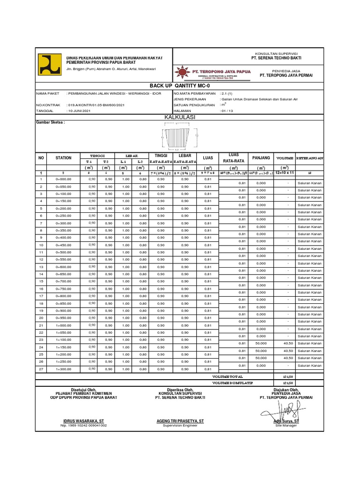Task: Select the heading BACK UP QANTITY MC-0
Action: pos(180,86)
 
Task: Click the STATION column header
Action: pos(63,158)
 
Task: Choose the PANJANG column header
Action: pos(261,158)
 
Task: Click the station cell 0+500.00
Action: pos(63,252)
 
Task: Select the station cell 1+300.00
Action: pos(63,369)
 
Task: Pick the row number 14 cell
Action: pos(41,274)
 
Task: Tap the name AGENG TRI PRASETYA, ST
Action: pos(180,421)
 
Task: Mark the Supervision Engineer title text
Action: pos(180,426)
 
